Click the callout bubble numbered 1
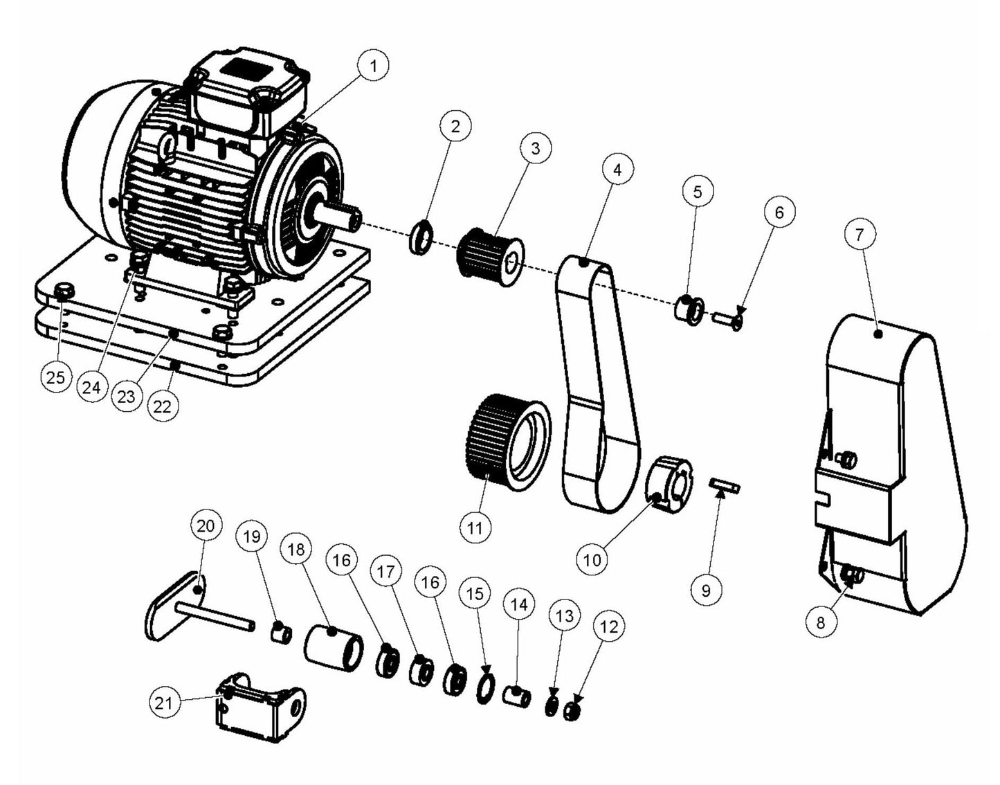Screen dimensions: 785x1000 pos(374,66)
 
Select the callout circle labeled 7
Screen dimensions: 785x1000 pos(860,234)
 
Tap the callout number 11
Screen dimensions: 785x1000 pos(475,528)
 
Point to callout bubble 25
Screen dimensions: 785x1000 pos(55,377)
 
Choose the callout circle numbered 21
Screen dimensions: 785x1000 pos(163,703)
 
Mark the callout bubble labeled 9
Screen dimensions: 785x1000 pos(706,590)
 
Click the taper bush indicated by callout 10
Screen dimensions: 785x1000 pos(669,482)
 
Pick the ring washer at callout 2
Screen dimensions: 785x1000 pos(422,235)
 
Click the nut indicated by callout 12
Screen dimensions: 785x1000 pos(572,711)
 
